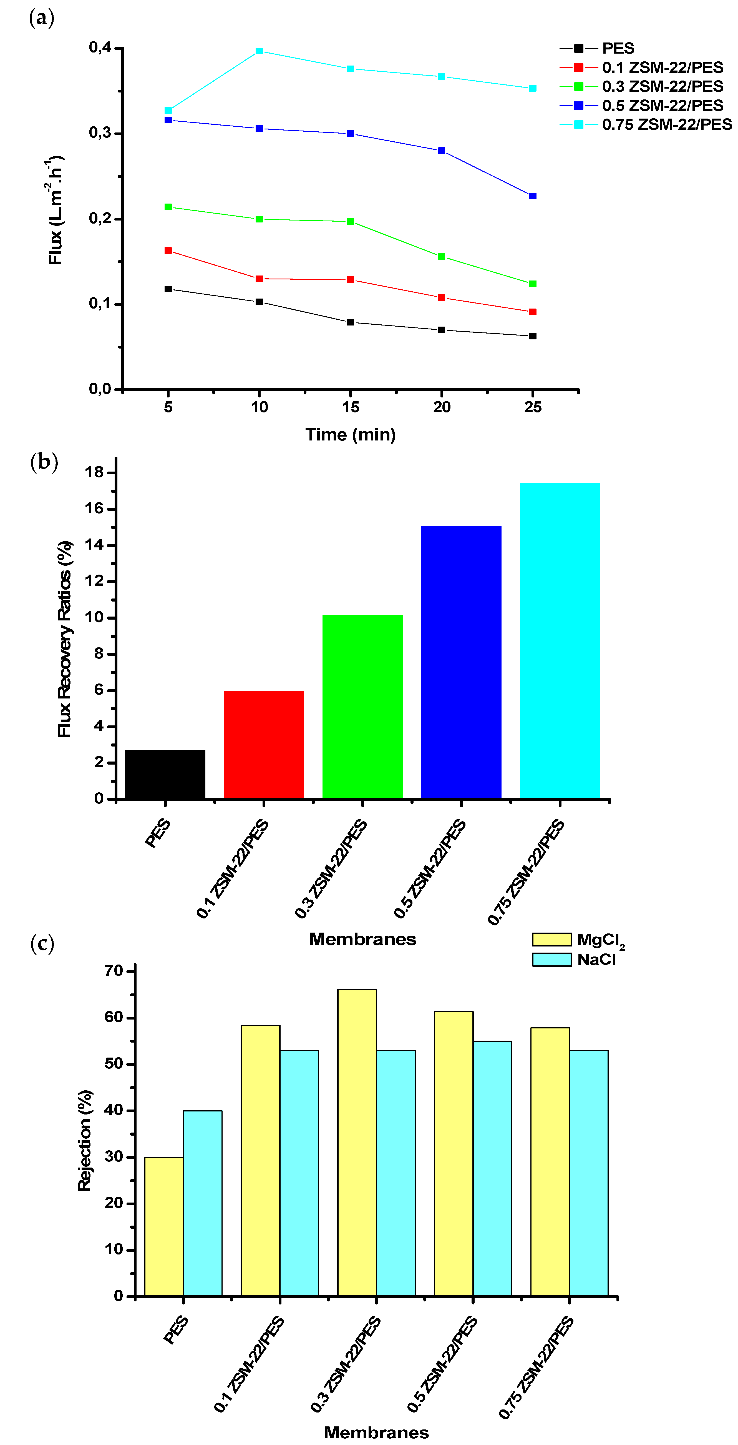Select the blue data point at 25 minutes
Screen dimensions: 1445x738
533,196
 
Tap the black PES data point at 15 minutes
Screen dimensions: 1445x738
351,322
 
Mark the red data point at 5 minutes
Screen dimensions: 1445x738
168,250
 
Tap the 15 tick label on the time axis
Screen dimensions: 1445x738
351,407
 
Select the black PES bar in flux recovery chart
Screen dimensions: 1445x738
165,774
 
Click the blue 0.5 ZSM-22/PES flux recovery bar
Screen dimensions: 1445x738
461,662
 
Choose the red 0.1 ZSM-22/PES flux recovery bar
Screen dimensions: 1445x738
264,744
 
